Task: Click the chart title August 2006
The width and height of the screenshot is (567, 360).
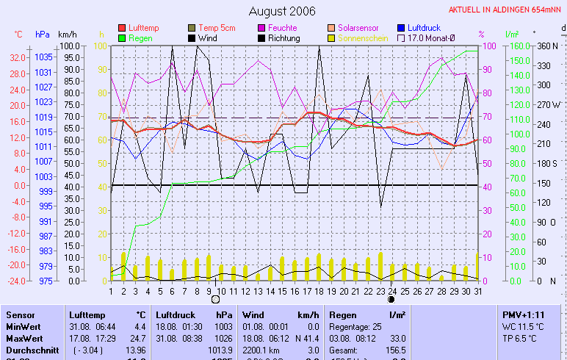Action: click(x=282, y=11)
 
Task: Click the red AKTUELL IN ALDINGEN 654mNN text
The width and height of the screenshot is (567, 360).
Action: click(x=505, y=10)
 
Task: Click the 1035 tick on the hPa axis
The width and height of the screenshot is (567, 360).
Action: click(x=43, y=57)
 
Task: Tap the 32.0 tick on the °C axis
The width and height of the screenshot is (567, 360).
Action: click(x=18, y=57)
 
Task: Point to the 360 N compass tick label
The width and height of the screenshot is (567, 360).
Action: click(x=548, y=46)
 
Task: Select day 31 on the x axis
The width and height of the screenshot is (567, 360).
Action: click(x=478, y=291)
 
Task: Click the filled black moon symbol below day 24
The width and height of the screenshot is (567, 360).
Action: click(x=391, y=300)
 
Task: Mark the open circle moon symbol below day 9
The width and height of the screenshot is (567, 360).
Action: click(x=215, y=300)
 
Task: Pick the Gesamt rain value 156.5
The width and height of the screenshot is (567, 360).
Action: click(x=396, y=350)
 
